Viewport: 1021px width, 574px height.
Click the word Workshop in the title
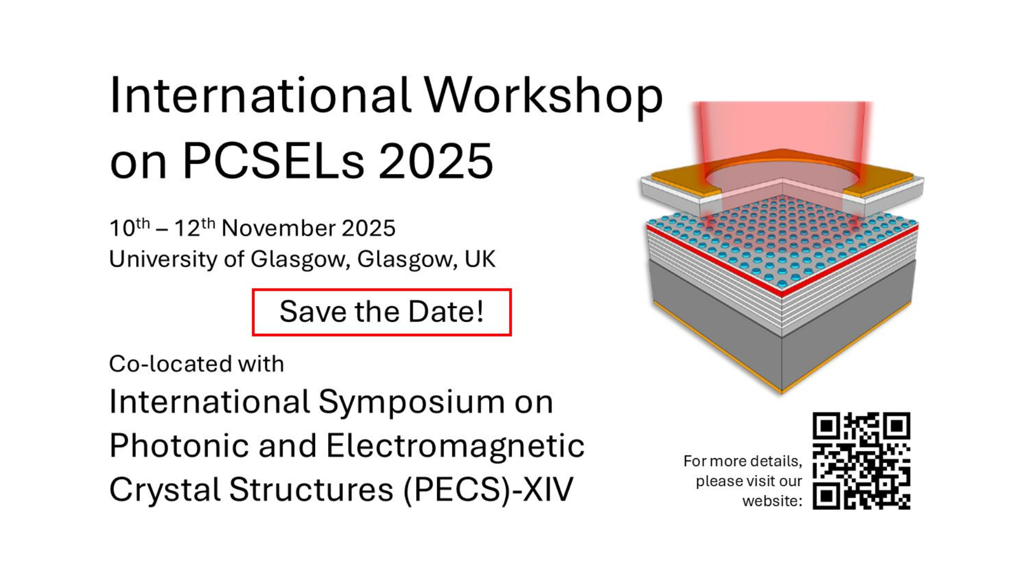coord(543,97)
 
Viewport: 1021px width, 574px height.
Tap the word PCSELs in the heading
coord(274,161)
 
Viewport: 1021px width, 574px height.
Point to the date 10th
coord(130,227)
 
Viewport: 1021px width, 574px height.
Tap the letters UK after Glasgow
coord(480,259)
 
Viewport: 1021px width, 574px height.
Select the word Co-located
coord(171,364)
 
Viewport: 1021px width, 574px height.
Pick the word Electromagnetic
coord(455,445)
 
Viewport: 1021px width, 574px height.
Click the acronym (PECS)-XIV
coord(488,489)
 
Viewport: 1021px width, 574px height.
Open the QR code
coord(861,461)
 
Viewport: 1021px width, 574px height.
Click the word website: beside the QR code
coord(772,501)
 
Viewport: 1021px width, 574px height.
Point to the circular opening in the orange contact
coord(782,175)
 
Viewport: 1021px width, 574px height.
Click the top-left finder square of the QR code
coord(826,426)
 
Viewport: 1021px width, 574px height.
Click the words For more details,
coord(743,461)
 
